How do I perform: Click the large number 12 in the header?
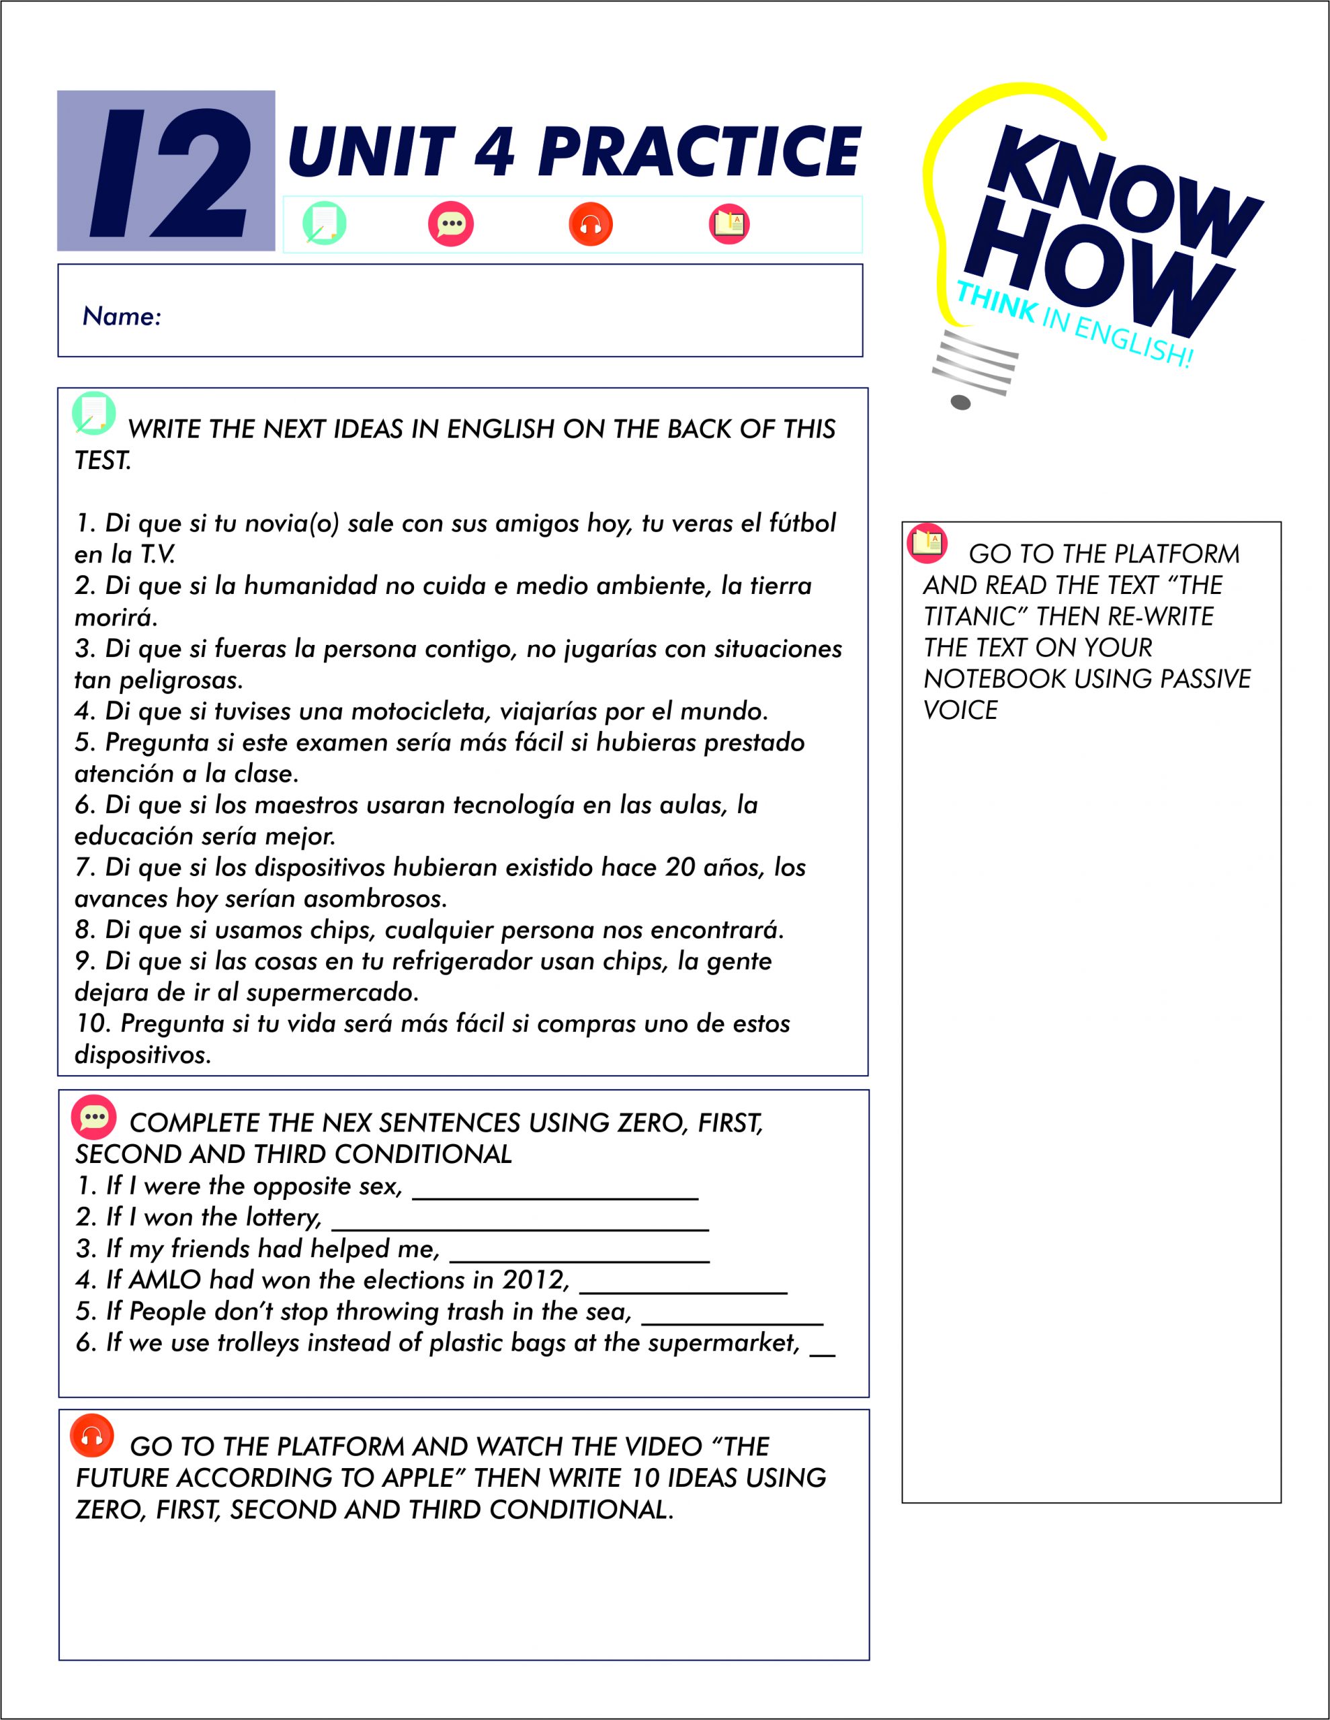coord(169,173)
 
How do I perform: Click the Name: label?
coord(122,316)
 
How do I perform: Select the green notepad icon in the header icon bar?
coord(324,224)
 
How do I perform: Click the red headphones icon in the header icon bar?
coord(590,224)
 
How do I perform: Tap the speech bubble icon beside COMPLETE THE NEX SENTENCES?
coord(94,1117)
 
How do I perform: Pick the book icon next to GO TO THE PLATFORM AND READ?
coord(927,543)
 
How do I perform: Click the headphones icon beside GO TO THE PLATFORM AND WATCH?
coord(92,1437)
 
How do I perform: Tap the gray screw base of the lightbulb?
coord(974,370)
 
